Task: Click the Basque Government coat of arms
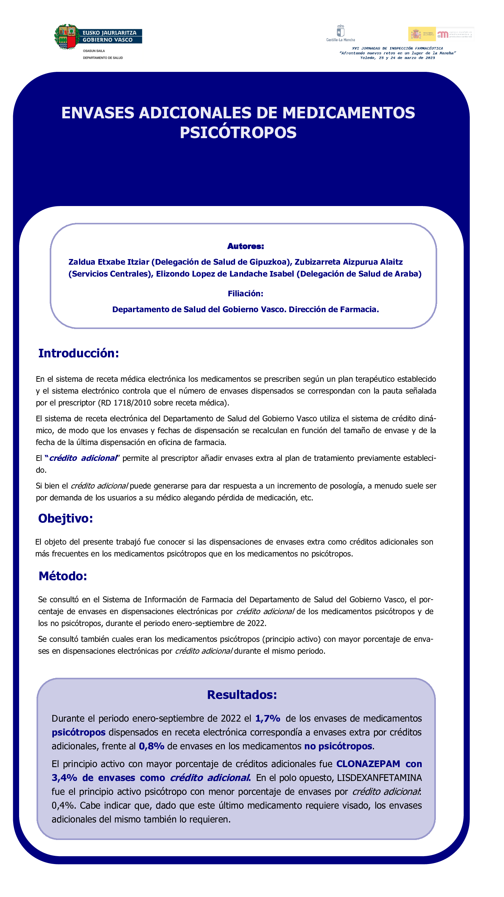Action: click(67, 37)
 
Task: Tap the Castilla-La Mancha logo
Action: click(340, 33)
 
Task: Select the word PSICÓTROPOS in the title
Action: click(238, 133)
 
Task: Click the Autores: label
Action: click(245, 247)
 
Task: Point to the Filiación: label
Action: click(245, 293)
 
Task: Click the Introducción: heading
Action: click(79, 353)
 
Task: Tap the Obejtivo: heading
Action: click(66, 518)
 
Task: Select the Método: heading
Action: click(63, 576)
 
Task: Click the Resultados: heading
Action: click(242, 695)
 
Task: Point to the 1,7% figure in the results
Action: click(268, 718)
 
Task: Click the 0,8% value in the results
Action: click(151, 746)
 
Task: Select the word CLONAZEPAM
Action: click(368, 764)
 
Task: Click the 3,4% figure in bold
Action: click(64, 778)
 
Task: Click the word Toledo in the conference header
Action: click(367, 58)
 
